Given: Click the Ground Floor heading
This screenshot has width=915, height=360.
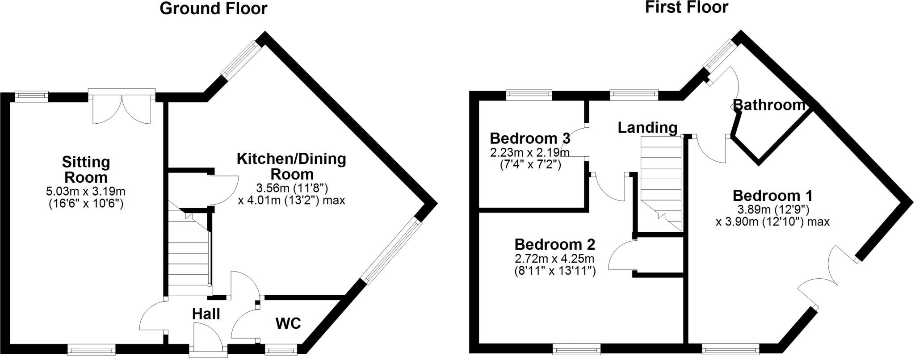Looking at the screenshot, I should (213, 8).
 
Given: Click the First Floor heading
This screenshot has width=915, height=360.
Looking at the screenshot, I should (686, 7).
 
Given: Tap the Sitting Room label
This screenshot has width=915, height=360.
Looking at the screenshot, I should (86, 170).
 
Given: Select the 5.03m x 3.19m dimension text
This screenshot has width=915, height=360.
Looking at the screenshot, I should (86, 192).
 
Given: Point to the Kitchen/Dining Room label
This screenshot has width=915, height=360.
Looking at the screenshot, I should (291, 166).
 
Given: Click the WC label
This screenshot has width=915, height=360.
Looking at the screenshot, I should (288, 323).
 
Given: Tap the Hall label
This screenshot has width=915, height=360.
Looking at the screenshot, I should (206, 314).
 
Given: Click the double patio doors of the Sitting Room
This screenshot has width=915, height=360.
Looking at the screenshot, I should (122, 107).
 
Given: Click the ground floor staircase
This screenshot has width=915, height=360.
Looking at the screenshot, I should (189, 255).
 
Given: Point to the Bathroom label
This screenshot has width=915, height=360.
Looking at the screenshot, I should (769, 105).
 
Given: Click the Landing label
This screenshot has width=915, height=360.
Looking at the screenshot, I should (647, 128).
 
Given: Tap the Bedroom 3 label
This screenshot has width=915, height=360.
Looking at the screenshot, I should (530, 138).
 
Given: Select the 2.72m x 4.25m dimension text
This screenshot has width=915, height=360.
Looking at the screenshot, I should (554, 259).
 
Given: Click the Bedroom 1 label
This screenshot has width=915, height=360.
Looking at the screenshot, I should (772, 196).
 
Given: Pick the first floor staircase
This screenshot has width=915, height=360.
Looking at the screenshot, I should (660, 183).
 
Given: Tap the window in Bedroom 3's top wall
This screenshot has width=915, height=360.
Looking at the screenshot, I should (529, 94).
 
